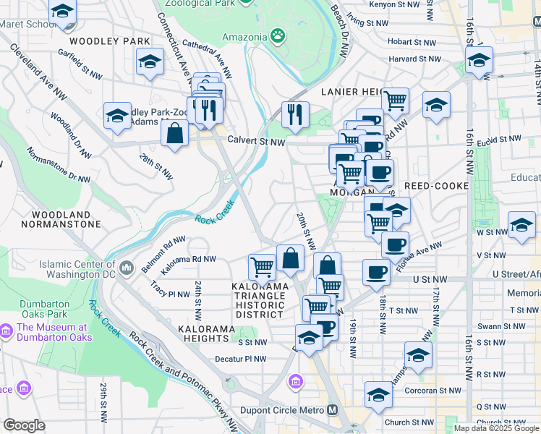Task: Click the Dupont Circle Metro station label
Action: click(x=291, y=410)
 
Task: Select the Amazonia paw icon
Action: click(x=278, y=35)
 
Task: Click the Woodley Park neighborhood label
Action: click(x=110, y=41)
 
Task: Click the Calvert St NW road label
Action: click(x=256, y=142)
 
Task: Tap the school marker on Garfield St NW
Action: click(x=150, y=62)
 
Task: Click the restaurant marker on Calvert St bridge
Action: click(x=295, y=114)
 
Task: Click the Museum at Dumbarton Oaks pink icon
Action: click(x=7, y=332)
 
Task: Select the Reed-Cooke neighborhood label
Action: click(x=436, y=186)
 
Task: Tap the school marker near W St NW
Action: click(x=521, y=226)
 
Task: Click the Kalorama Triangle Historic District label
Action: click(x=260, y=300)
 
